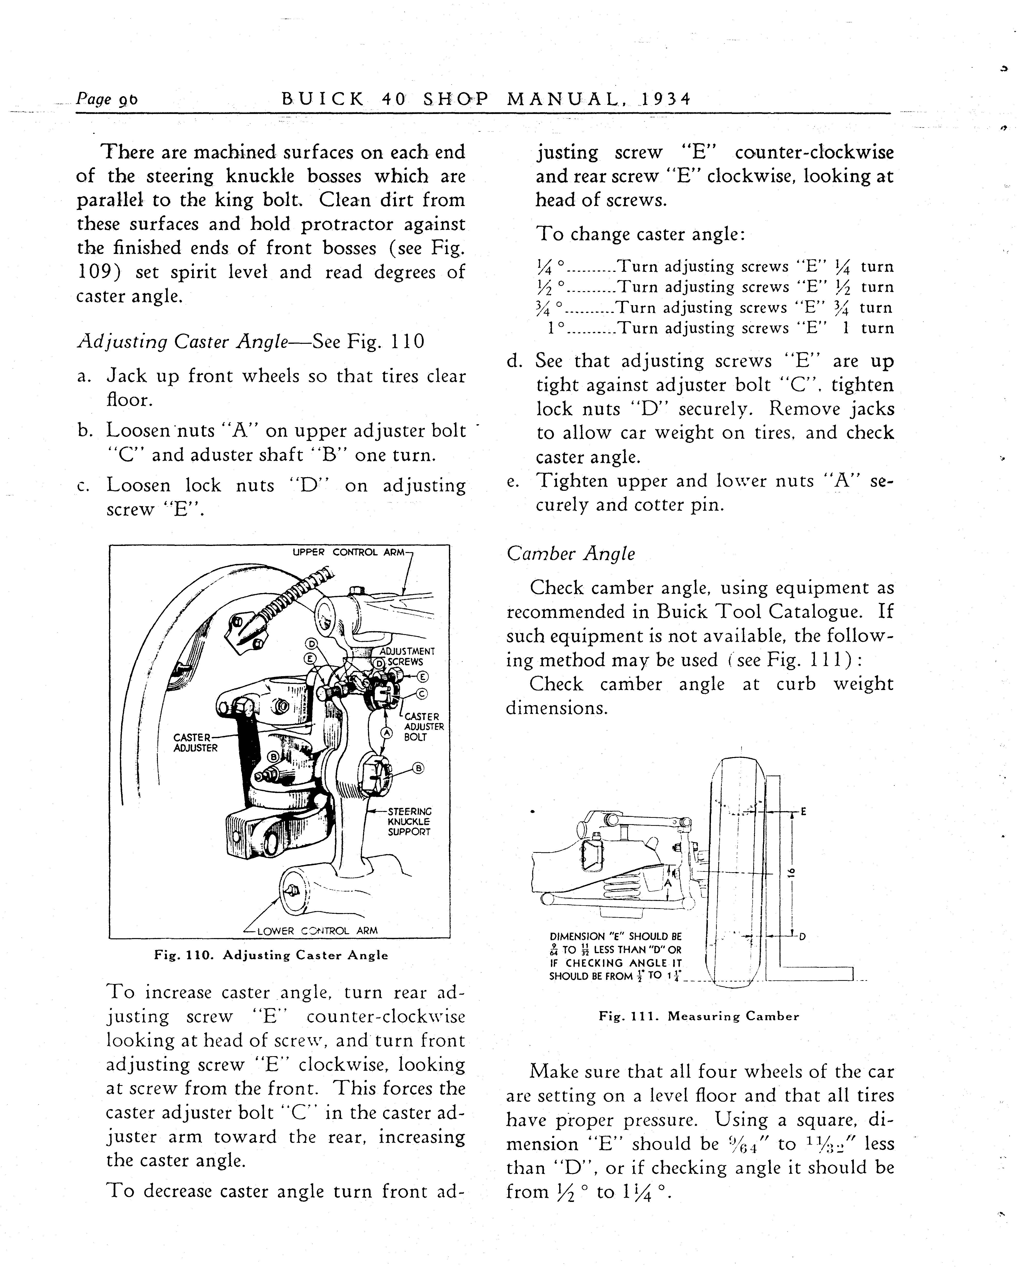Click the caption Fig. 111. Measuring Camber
[699, 1016]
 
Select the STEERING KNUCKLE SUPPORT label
[409, 822]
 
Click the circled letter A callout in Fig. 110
[386, 732]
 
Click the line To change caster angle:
[641, 234]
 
